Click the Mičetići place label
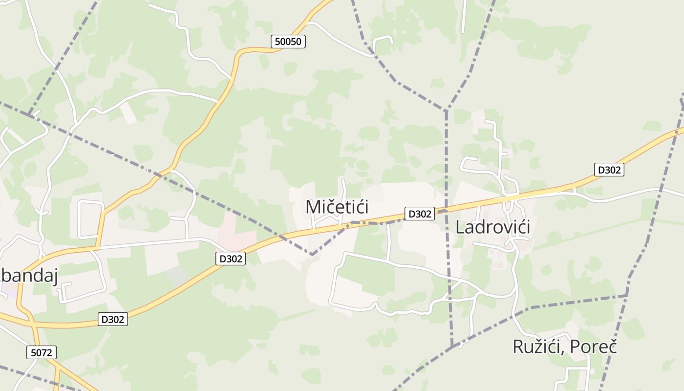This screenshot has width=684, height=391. (337, 207)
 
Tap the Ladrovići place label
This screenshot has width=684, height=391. (492, 227)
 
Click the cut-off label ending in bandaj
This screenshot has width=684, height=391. (29, 277)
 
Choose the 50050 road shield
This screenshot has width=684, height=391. (288, 42)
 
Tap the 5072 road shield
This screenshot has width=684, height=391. (42, 352)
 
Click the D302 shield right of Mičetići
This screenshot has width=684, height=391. (419, 214)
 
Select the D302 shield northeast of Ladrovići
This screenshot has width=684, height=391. (609, 170)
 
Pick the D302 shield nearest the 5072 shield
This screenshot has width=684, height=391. (113, 319)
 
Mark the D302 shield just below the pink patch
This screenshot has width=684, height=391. (230, 259)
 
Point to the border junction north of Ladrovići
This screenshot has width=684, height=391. (446, 111)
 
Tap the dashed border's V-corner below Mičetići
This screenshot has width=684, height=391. (312, 254)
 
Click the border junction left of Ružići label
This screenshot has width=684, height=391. (453, 346)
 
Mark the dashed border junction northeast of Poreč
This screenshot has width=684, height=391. (627, 295)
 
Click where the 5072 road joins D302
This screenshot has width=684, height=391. (30, 321)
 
